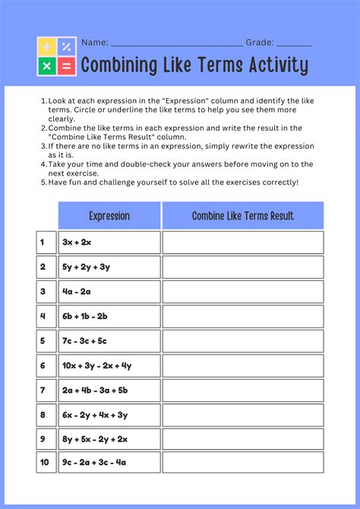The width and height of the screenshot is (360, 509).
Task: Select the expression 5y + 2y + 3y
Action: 87,267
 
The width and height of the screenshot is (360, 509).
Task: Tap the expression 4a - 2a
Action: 77,292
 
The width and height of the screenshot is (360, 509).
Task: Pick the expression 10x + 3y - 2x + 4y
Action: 97,365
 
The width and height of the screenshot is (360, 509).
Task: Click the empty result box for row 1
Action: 242,242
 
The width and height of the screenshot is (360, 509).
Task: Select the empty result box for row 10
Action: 242,463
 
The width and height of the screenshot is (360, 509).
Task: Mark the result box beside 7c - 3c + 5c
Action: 242,341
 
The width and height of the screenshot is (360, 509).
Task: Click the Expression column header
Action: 109,216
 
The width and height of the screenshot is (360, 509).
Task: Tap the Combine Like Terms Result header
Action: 242,216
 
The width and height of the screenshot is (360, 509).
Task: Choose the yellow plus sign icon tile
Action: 47,47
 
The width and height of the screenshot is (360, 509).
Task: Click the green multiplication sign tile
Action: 47,66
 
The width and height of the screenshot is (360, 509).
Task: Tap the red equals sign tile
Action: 66,66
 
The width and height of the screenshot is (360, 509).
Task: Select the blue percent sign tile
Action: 66,47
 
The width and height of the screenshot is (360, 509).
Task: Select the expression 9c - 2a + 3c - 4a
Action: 95,463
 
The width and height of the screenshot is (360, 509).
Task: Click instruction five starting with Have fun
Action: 173,182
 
